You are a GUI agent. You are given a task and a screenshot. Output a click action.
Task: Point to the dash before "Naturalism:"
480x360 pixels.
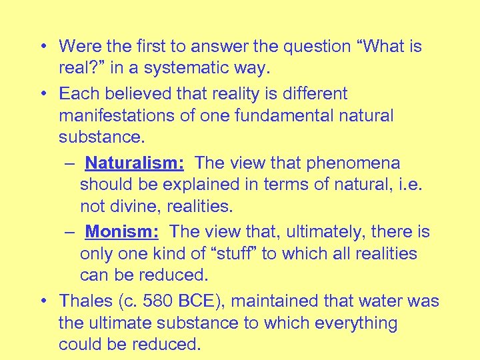coord(69,163)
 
